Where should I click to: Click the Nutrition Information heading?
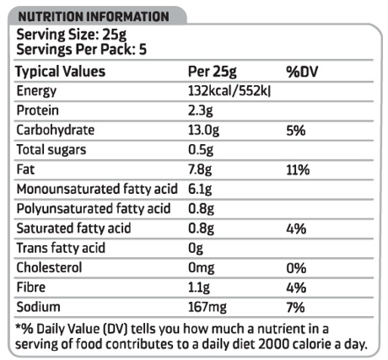click(x=94, y=17)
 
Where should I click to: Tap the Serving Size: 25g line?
click(x=72, y=35)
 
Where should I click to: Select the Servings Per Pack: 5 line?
click(x=82, y=50)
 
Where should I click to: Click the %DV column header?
click(x=302, y=72)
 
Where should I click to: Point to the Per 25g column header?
click(x=213, y=72)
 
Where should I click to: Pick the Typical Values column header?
click(x=61, y=72)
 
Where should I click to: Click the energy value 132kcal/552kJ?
click(x=229, y=91)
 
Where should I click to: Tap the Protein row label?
click(x=38, y=110)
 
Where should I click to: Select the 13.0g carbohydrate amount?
click(x=203, y=131)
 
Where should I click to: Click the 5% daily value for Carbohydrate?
click(x=296, y=131)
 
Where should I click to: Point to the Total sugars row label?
click(x=51, y=150)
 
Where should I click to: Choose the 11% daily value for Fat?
click(x=298, y=170)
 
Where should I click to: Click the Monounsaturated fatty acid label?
click(x=97, y=189)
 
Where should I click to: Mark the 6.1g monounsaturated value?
click(x=200, y=190)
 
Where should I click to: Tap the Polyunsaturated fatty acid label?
click(x=94, y=209)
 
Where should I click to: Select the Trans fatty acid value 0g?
click(x=196, y=249)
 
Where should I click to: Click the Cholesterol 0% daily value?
click(x=296, y=268)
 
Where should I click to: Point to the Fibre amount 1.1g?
click(x=199, y=287)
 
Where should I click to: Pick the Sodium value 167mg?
click(x=207, y=307)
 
